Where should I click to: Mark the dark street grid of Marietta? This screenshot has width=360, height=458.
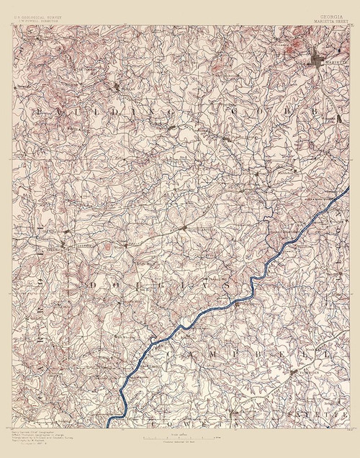point(321,60)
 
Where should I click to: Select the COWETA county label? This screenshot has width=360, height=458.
point(176,417)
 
